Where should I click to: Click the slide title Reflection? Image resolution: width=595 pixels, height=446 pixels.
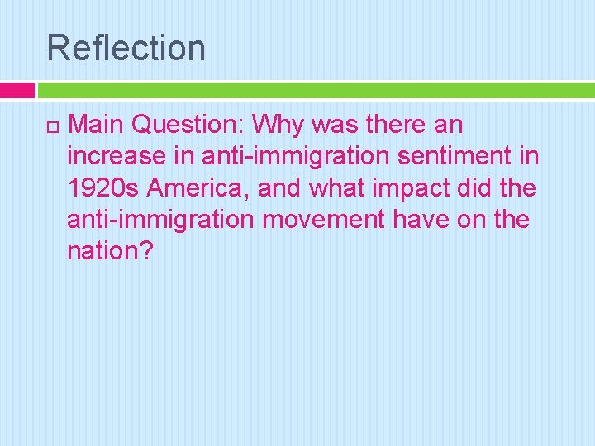click(126, 47)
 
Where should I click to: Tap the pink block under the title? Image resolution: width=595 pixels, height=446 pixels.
click(17, 90)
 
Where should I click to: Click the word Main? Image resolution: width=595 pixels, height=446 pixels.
click(97, 125)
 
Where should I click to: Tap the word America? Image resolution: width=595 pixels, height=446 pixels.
click(196, 187)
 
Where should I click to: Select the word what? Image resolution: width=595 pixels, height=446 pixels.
click(336, 187)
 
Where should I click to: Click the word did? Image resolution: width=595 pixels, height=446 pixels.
click(479, 187)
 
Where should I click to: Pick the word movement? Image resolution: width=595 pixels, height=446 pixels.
click(338, 219)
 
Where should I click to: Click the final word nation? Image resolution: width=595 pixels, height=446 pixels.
click(110, 250)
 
